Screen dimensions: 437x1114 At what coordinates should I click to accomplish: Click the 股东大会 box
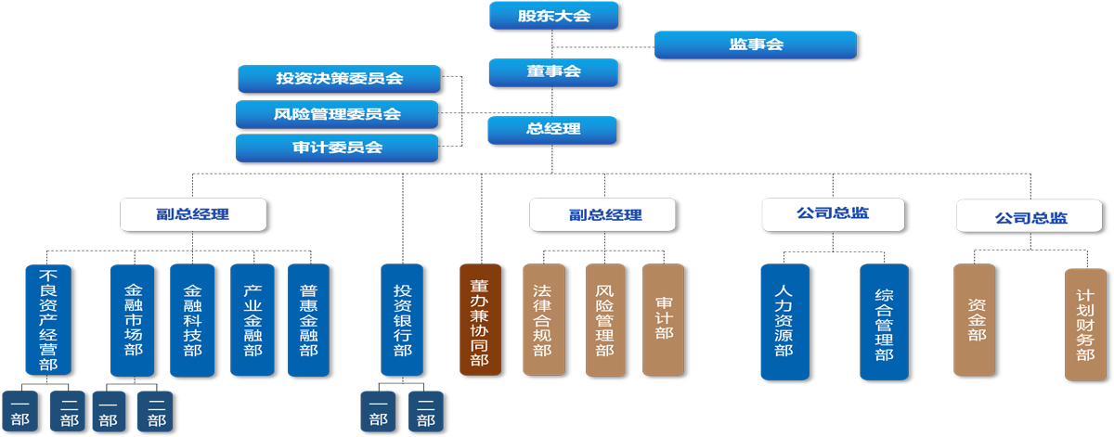pyautogui.click(x=553, y=16)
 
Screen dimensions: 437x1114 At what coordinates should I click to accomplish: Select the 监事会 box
pyautogui.click(x=755, y=45)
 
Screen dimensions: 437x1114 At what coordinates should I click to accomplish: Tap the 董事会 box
pyautogui.click(x=553, y=72)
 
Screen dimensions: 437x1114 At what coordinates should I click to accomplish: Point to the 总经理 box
pyautogui.click(x=552, y=130)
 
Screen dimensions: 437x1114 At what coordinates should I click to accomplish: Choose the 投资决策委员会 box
pyautogui.click(x=338, y=79)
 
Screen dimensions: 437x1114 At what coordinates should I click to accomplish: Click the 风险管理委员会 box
pyautogui.click(x=336, y=115)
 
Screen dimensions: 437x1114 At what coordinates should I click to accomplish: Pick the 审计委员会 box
pyautogui.click(x=336, y=148)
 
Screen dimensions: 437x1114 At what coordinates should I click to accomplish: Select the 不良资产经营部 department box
pyautogui.click(x=48, y=320)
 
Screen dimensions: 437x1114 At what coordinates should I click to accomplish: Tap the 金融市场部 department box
pyautogui.click(x=132, y=320)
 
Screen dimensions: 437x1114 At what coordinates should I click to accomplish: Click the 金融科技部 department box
pyautogui.click(x=192, y=320)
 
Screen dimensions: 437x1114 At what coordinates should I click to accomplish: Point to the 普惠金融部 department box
pyautogui.click(x=308, y=320)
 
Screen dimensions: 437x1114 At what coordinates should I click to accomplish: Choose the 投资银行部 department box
pyautogui.click(x=402, y=320)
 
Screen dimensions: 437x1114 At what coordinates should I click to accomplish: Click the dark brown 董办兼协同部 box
pyautogui.click(x=480, y=320)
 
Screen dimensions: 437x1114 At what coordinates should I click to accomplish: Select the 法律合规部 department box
pyautogui.click(x=543, y=320)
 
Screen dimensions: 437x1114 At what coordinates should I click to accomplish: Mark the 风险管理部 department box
pyautogui.click(x=604, y=320)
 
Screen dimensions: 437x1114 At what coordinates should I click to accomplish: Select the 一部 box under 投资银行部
pyautogui.click(x=379, y=412)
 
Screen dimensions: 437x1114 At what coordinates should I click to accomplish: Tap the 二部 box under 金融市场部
pyautogui.click(x=155, y=412)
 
